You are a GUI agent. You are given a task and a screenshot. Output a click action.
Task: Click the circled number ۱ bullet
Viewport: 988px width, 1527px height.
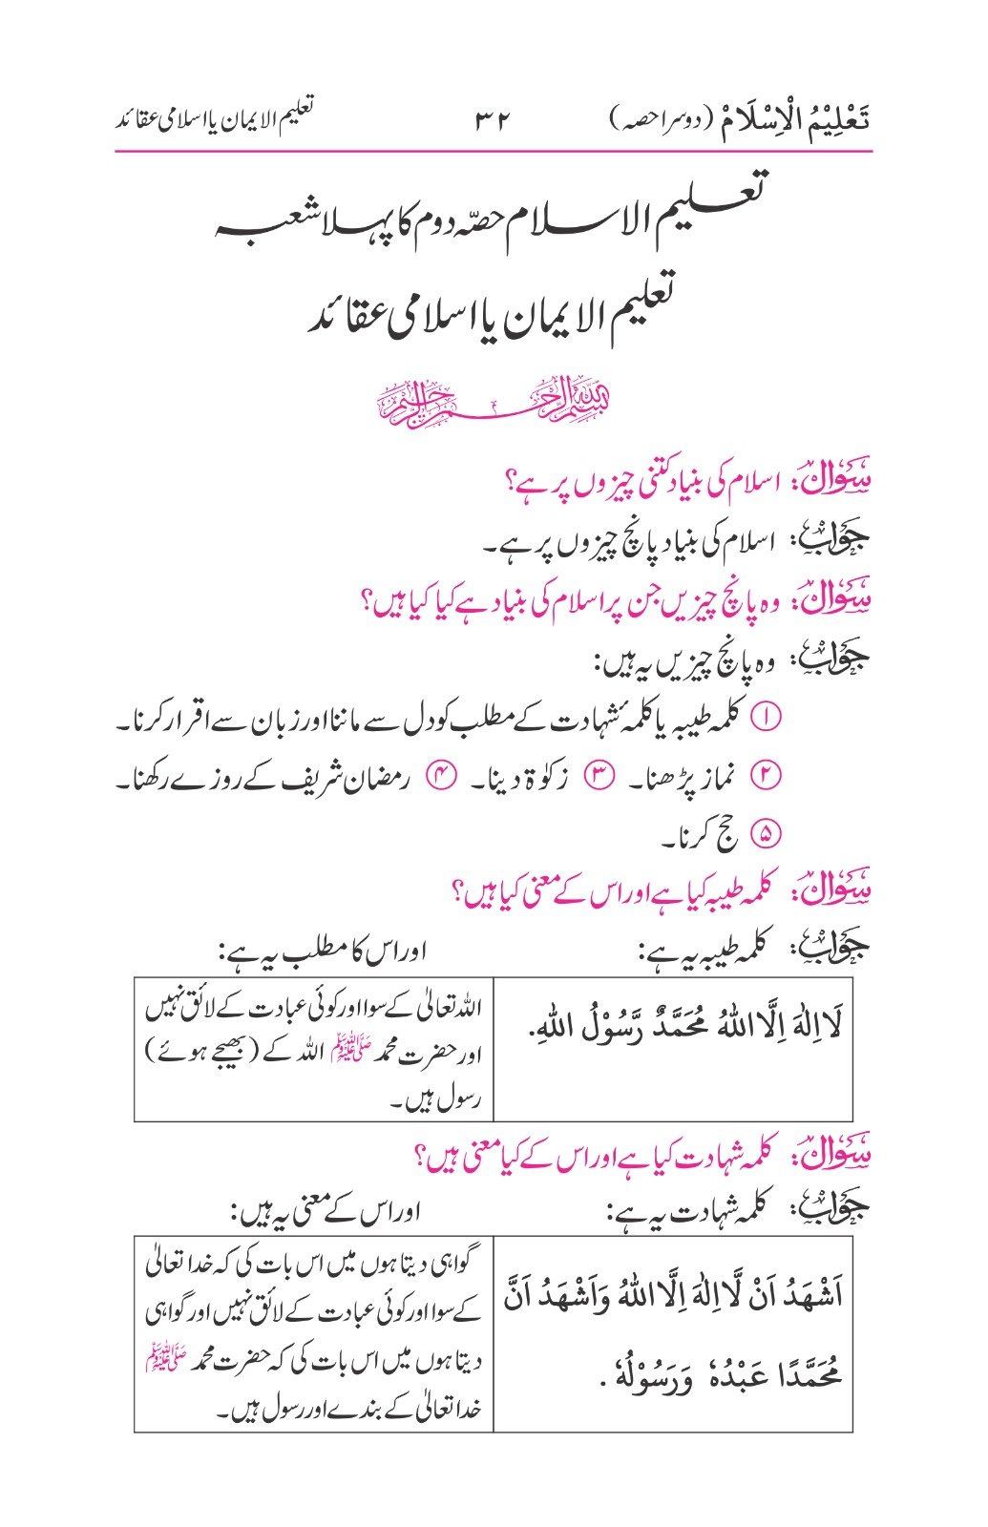[x=767, y=718]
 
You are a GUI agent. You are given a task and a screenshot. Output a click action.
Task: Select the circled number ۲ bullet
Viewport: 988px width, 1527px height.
[x=767, y=777]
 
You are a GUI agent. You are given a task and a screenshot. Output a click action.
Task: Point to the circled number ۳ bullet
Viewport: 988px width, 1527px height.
[x=598, y=777]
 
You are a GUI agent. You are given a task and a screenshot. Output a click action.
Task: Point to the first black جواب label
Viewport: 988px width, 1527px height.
[x=843, y=542]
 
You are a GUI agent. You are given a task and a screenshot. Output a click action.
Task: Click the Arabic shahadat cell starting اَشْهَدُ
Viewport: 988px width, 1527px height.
[x=673, y=1334]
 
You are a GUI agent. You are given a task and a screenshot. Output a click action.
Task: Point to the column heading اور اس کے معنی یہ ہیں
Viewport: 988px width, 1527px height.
[x=325, y=1215]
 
